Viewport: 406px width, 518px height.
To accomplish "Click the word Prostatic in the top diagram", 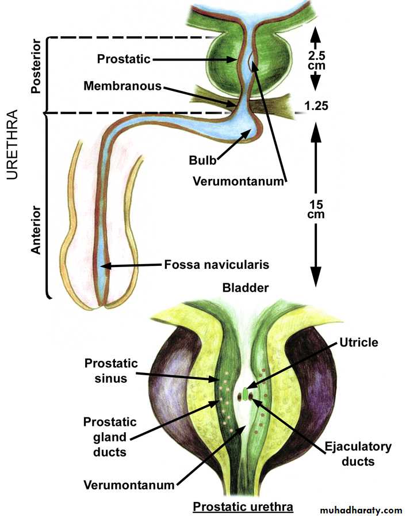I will coord(124,59).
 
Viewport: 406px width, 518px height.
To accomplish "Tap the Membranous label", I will coord(122,86).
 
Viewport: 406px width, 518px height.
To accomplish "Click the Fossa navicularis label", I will coord(216,265).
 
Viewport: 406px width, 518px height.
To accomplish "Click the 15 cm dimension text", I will coord(315,210).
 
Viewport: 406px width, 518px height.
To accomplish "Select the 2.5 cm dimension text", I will coord(316,61).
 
